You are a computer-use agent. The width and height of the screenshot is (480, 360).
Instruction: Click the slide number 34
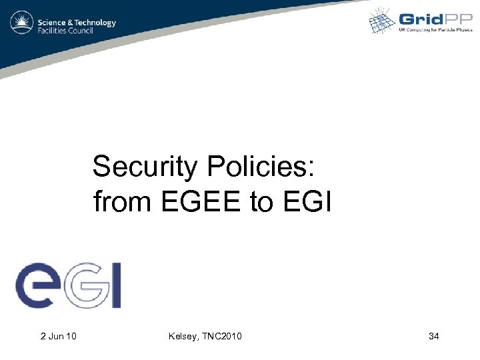click(x=433, y=336)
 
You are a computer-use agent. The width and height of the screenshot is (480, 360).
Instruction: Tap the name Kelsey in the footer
click(x=183, y=336)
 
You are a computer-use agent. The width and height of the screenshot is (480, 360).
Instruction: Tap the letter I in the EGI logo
click(x=115, y=285)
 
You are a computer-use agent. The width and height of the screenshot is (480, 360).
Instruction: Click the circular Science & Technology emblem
click(x=22, y=23)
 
